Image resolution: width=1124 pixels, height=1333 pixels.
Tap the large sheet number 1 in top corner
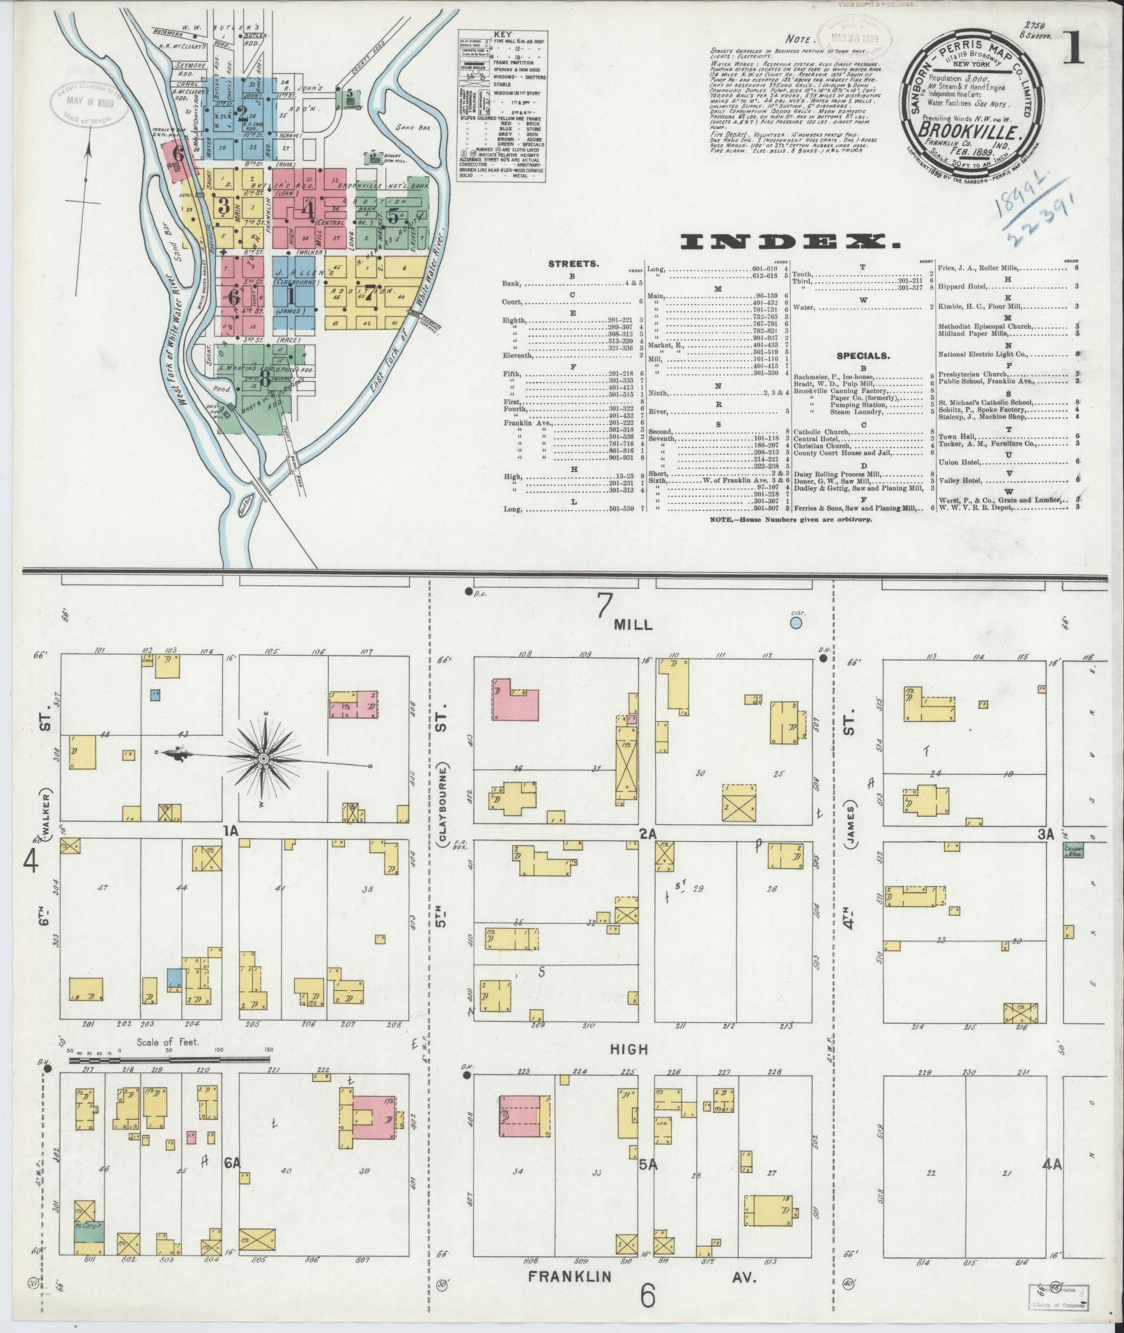1073,51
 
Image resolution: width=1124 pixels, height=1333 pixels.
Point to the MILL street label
633,624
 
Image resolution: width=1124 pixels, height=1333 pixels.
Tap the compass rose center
264,758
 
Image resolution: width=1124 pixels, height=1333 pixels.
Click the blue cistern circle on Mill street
797,622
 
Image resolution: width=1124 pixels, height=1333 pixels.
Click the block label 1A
231,831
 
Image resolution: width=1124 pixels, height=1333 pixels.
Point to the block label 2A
647,832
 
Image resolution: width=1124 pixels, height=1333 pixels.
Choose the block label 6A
232,1162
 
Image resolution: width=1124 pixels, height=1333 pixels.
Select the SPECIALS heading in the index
863,355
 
